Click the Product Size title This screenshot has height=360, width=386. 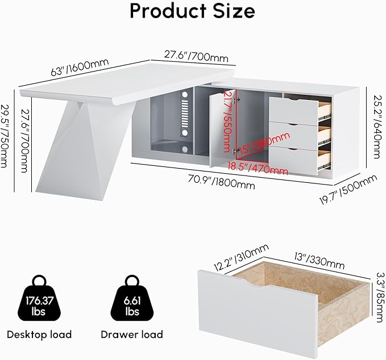tap(192, 11)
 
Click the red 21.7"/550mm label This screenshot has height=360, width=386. tap(227, 120)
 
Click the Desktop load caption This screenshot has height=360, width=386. tap(39, 334)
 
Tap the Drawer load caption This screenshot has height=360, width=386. tap(132, 334)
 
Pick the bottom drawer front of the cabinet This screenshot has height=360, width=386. tap(293, 160)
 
